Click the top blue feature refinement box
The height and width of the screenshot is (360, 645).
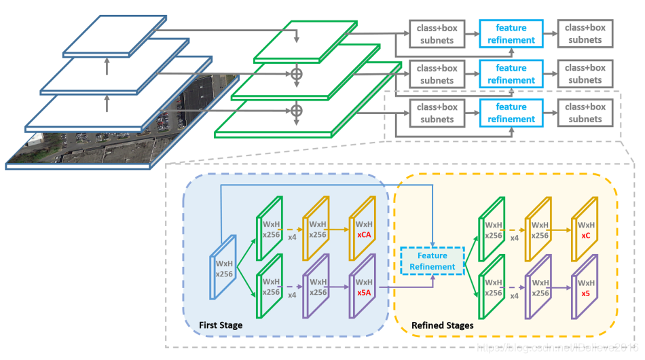511,33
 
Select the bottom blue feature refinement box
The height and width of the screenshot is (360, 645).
511,113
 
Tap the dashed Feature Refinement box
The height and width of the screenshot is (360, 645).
432,261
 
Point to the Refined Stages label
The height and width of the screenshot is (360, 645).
443,325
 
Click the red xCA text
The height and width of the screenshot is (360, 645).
364,234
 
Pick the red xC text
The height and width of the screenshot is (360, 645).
585,234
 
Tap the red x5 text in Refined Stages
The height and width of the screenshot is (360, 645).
585,293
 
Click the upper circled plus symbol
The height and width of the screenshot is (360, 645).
296,74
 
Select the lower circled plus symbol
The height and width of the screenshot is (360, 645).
296,110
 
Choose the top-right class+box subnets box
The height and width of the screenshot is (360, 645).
585,33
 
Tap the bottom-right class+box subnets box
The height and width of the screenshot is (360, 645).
585,113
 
